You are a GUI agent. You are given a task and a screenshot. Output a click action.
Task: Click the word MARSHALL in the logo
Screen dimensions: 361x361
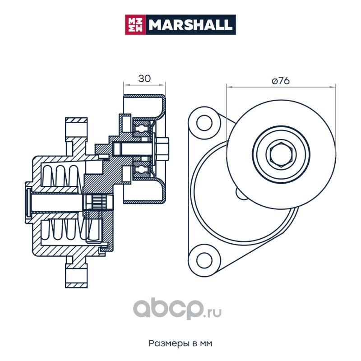[x=190, y=25]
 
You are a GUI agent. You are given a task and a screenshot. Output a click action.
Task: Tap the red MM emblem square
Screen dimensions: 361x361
[x=135, y=25]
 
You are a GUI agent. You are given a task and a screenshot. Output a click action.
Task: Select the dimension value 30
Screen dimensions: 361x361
[x=144, y=79]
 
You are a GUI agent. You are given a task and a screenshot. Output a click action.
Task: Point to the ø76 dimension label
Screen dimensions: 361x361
[x=280, y=81]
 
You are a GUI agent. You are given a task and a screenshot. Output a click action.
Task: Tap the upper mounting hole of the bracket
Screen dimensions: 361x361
[x=204, y=123]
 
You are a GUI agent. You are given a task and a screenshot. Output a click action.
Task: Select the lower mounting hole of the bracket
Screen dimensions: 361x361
[x=204, y=260]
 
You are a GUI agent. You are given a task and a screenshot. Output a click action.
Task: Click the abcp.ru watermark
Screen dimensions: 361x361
[x=177, y=309]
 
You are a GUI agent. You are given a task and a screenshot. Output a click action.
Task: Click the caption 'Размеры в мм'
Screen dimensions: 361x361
[x=180, y=343]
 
